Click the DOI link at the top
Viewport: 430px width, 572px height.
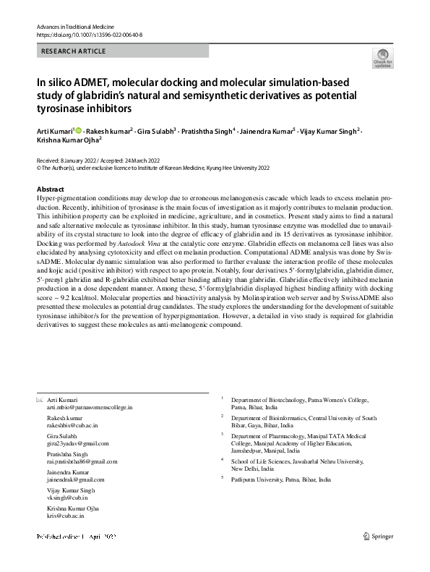pyautogui.click(x=89, y=34)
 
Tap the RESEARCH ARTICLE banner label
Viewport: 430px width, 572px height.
pyautogui.click(x=74, y=51)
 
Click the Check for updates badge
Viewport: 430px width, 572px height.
pyautogui.click(x=382, y=58)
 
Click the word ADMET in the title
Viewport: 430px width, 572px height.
pyautogui.click(x=90, y=82)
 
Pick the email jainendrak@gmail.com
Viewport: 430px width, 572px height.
pyautogui.click(x=75, y=479)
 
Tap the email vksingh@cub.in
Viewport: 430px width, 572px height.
pyautogui.click(x=67, y=498)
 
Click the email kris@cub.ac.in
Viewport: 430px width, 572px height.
pyautogui.click(x=65, y=516)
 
